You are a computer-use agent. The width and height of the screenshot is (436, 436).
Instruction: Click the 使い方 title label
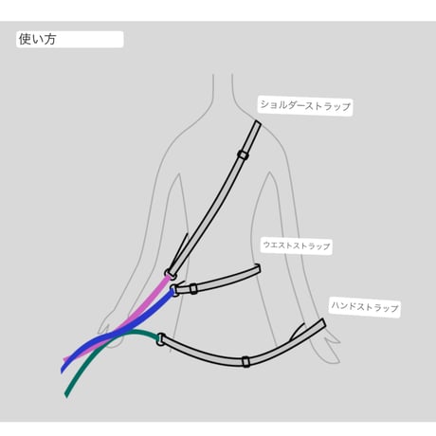coord(37,39)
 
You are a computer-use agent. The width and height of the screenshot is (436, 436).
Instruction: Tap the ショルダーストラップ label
coord(305,105)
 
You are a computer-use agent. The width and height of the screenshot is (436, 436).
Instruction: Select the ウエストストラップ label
coord(297,245)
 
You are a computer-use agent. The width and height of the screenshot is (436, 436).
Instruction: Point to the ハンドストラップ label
coord(364,306)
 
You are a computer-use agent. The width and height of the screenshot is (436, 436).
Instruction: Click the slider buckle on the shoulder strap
coord(243,154)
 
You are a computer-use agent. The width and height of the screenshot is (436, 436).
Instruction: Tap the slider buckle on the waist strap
coord(193,289)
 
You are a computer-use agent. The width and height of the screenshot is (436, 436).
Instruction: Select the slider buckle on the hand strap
coord(245,361)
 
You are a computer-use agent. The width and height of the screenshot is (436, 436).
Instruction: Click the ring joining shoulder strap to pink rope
coord(169,274)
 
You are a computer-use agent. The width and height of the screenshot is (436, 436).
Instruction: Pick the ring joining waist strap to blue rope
coord(173,290)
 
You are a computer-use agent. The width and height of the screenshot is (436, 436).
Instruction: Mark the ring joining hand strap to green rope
coord(160,339)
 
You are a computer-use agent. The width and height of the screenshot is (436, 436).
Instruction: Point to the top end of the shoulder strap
coord(258,123)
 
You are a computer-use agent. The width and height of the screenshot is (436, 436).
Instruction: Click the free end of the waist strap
coord(259,268)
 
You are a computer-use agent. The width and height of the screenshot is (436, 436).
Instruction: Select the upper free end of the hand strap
coord(323,323)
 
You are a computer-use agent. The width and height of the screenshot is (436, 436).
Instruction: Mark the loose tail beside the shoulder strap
coord(179,249)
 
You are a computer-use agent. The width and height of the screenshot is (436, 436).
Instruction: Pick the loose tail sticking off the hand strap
coord(297,332)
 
